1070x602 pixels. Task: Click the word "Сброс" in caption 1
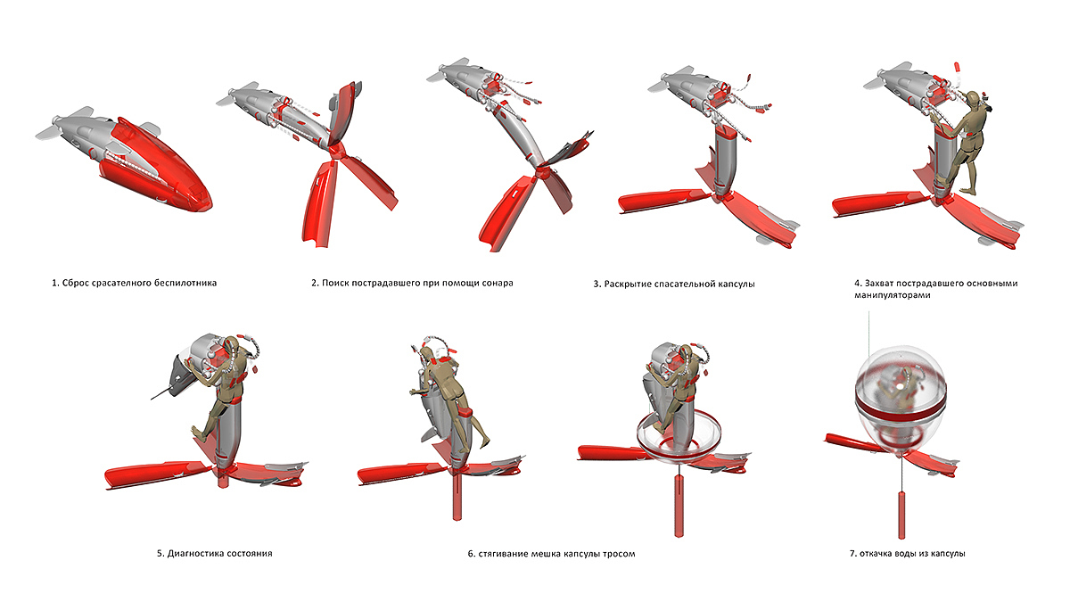coord(76,284)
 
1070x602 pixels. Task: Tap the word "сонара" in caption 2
coord(496,284)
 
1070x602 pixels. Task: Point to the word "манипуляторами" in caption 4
coord(891,295)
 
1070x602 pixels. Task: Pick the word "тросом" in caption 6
coord(619,554)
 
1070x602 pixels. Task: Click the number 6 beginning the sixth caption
coord(470,554)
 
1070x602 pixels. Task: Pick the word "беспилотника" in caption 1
coord(185,284)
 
